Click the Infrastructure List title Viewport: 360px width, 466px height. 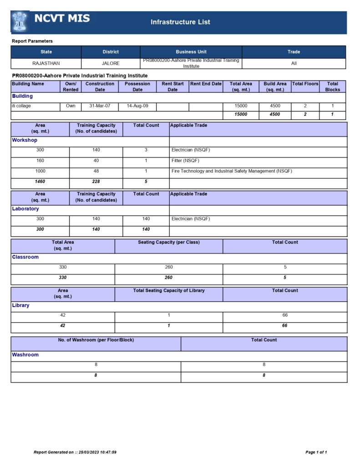pyautogui.click(x=180, y=22)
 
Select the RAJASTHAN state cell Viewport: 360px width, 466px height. pyautogui.click(x=46, y=63)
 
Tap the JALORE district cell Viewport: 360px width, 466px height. pyautogui.click(x=111, y=63)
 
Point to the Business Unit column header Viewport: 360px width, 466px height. pyautogui.click(x=191, y=52)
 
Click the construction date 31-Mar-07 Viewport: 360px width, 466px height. pyautogui.click(x=100, y=106)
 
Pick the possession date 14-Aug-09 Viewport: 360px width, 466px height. pyautogui.click(x=137, y=106)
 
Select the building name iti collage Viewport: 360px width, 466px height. pyautogui.click(x=21, y=106)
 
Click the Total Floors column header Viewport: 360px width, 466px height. pyautogui.click(x=305, y=84)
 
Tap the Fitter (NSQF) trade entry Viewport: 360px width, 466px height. pyautogui.click(x=185, y=161)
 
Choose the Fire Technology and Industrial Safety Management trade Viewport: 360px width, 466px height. pyautogui.click(x=232, y=171)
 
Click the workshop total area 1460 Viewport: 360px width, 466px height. pyautogui.click(x=40, y=182)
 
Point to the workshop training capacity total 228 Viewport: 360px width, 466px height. pyautogui.click(x=96, y=182)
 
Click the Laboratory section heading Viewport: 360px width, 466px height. pyautogui.click(x=25, y=209)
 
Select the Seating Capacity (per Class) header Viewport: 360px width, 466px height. pyautogui.click(x=169, y=242)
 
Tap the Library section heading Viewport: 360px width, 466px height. pyautogui.click(x=20, y=305)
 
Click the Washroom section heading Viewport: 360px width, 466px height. pyautogui.click(x=25, y=355)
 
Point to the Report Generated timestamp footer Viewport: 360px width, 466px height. pyautogui.click(x=75, y=452)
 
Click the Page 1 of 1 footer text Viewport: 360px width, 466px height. pyautogui.click(x=316, y=452)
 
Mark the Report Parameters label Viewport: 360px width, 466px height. pyautogui.click(x=32, y=41)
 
